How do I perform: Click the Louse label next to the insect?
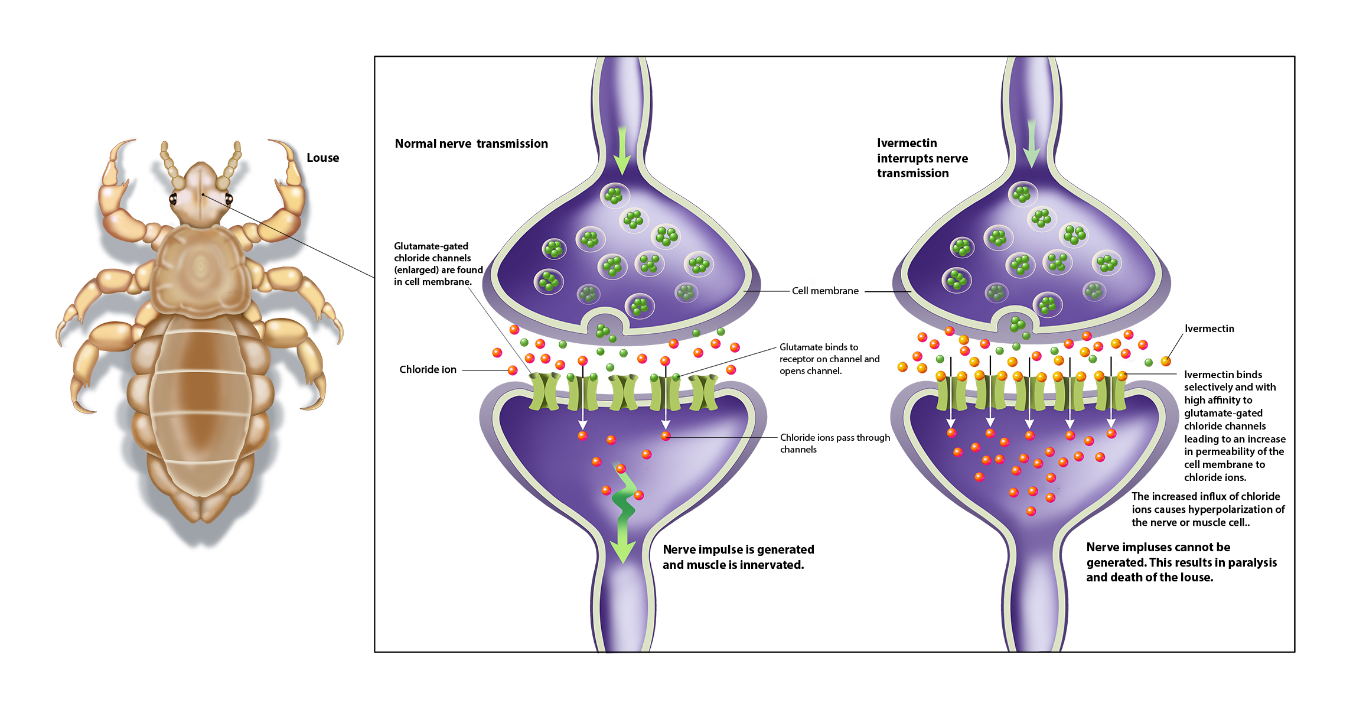322,158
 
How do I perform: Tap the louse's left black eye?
173,199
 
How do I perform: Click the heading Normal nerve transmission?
471,144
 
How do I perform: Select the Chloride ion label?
428,369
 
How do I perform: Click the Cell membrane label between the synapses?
825,291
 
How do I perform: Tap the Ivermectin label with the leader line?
1209,329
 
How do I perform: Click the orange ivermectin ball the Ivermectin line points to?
1165,361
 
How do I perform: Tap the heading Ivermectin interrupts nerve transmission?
922,158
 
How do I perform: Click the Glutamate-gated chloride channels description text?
438,264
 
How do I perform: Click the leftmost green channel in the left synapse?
544,392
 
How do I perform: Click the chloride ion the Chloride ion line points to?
513,370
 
